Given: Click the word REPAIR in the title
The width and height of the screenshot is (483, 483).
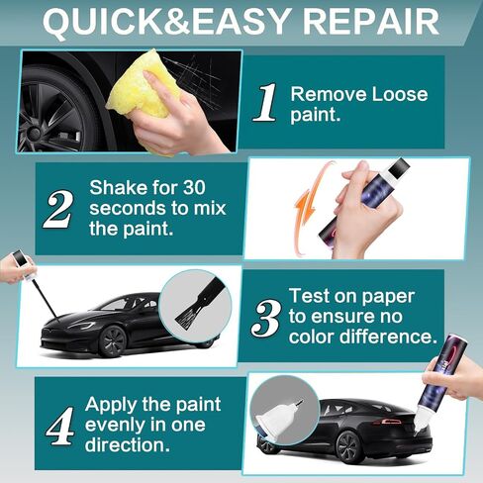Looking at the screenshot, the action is click(x=370, y=22).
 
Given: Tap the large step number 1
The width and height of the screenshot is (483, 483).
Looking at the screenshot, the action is click(x=266, y=102).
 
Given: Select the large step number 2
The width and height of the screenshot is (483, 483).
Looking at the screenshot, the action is click(x=57, y=209).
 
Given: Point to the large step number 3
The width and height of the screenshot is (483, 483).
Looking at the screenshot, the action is click(x=266, y=319).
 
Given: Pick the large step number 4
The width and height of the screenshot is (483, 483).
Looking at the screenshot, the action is click(x=60, y=426).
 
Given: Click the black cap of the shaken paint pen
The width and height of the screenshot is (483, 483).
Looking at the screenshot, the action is click(x=399, y=167).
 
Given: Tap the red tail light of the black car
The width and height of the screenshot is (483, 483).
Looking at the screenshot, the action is click(x=390, y=422).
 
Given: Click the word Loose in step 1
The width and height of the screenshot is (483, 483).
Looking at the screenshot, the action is click(x=400, y=94).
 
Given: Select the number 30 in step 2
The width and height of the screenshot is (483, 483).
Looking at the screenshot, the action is click(x=194, y=187).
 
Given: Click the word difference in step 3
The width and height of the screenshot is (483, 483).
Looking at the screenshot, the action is click(x=386, y=337).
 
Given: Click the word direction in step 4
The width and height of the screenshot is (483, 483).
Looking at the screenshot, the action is click(x=127, y=444).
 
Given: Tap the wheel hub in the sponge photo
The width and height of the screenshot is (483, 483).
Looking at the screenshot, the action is click(x=34, y=133).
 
